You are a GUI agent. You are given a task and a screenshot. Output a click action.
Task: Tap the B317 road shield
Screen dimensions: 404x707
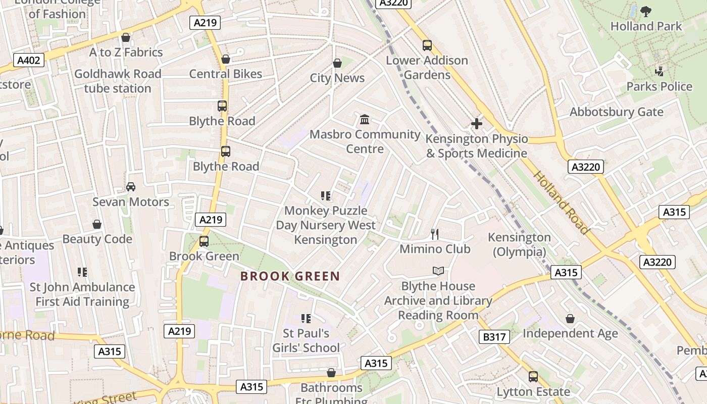(494, 337)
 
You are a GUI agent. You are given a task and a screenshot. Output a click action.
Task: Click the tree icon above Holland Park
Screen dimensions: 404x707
(645, 11)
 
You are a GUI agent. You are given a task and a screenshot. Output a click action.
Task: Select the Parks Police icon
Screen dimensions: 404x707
(659, 71)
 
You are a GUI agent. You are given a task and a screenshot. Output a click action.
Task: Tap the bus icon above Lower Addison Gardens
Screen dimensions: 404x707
(427, 45)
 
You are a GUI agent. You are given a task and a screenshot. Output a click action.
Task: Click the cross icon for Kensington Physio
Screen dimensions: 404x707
(476, 124)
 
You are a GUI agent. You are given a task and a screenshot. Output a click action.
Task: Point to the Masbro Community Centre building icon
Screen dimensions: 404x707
(365, 120)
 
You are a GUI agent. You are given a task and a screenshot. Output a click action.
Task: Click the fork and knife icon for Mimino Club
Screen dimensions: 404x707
(435, 234)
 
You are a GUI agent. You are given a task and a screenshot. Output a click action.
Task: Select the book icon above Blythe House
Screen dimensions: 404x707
(438, 271)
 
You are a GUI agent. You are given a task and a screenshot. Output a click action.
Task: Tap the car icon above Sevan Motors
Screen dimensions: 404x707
(131, 187)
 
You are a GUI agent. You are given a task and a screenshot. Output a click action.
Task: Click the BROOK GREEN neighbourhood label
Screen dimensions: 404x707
(290, 276)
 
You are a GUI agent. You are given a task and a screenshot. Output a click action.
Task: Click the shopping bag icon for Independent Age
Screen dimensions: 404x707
(570, 319)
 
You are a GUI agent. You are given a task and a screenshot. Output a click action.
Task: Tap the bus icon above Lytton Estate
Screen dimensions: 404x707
(533, 377)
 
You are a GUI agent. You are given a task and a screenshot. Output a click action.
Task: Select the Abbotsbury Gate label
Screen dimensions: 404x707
(616, 112)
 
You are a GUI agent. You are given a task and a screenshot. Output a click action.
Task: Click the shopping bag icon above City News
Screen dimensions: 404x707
(337, 63)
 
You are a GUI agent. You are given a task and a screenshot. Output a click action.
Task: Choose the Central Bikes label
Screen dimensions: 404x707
(225, 74)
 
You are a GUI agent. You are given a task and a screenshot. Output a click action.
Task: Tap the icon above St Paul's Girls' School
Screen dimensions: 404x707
(306, 318)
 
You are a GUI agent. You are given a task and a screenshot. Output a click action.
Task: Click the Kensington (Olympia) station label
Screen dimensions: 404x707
(519, 244)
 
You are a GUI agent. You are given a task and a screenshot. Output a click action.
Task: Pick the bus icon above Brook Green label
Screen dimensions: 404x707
(204, 241)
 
